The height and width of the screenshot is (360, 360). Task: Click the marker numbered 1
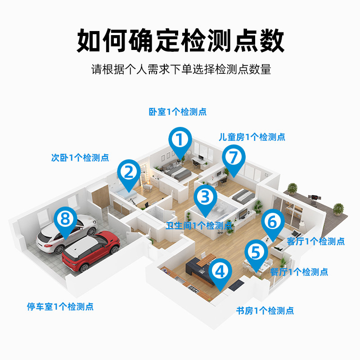[180, 140]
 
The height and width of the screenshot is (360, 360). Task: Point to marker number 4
[220, 272]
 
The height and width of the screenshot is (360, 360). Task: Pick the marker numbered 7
[233, 158]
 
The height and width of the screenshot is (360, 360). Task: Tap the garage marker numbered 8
[66, 220]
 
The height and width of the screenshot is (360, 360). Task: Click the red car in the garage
[91, 252]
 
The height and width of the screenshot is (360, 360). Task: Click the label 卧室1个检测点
[178, 112]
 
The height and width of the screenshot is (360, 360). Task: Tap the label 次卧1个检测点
[80, 158]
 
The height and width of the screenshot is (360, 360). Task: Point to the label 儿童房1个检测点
[252, 137]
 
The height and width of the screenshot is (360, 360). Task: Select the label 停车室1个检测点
[60, 307]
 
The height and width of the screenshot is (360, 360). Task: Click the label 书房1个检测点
[265, 310]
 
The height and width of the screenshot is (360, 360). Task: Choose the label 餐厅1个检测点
[299, 272]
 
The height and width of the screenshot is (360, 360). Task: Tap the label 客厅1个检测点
[315, 241]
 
